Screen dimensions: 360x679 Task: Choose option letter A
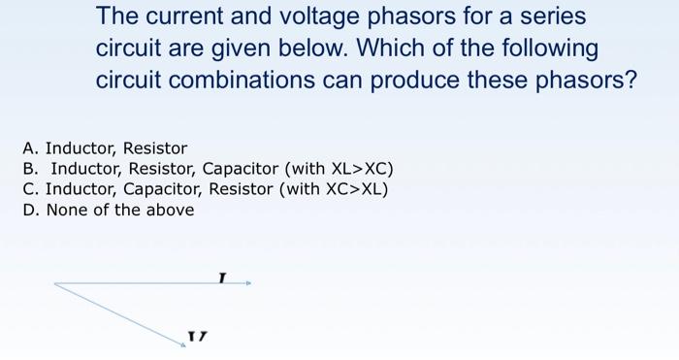[x=29, y=148]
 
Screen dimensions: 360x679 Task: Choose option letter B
[x=29, y=169]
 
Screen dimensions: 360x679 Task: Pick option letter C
[x=29, y=189]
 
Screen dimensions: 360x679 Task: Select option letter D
[x=29, y=210]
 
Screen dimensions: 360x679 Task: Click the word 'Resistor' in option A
[x=155, y=148]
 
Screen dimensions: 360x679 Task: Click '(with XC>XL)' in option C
[x=335, y=189]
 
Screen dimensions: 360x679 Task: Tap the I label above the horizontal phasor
[x=222, y=278]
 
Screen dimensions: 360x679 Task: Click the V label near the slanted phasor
[x=198, y=337]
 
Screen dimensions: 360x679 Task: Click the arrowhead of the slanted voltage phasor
[x=182, y=344]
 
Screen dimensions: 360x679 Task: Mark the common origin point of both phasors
[x=55, y=283]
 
